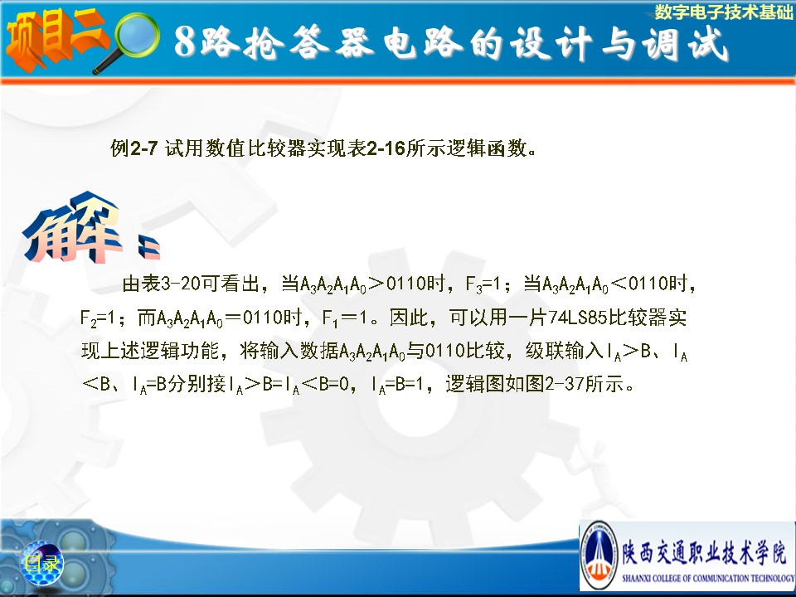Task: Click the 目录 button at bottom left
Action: click(41, 563)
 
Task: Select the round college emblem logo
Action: click(599, 556)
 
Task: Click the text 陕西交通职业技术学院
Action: click(705, 551)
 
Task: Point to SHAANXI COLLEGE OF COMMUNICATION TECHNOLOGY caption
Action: click(707, 578)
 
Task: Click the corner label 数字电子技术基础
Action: click(723, 12)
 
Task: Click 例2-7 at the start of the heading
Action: click(134, 148)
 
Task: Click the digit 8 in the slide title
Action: click(185, 41)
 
